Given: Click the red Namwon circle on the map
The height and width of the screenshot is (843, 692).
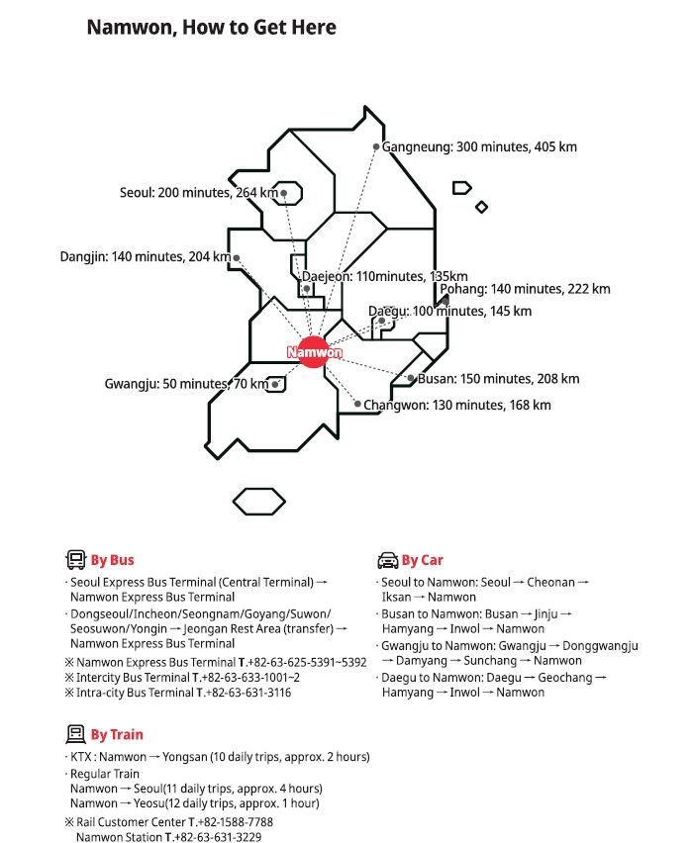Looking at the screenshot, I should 314,352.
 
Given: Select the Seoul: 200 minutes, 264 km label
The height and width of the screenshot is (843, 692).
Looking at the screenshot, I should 198,193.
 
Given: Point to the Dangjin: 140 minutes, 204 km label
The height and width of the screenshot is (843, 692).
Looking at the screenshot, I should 145,257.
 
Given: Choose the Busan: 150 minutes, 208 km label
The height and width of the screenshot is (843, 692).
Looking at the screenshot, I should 499,379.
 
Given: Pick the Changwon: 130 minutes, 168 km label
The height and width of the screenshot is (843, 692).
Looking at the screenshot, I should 457,405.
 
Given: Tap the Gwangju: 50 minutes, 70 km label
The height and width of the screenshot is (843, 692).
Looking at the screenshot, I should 186,384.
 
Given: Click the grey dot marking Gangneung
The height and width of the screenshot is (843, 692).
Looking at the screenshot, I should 376,146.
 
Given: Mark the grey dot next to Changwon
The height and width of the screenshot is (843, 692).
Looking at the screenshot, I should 357,404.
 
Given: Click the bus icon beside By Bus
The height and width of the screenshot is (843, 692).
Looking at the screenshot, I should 75,560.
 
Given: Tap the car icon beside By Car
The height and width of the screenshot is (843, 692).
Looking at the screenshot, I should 387,560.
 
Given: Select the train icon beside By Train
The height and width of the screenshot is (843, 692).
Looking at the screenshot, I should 75,734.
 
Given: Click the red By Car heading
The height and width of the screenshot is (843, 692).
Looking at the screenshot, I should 423,560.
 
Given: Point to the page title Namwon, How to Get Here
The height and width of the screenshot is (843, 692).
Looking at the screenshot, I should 212,28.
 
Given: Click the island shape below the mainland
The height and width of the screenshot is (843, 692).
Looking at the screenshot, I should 259,501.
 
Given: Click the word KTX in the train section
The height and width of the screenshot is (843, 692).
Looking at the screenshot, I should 82,757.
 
